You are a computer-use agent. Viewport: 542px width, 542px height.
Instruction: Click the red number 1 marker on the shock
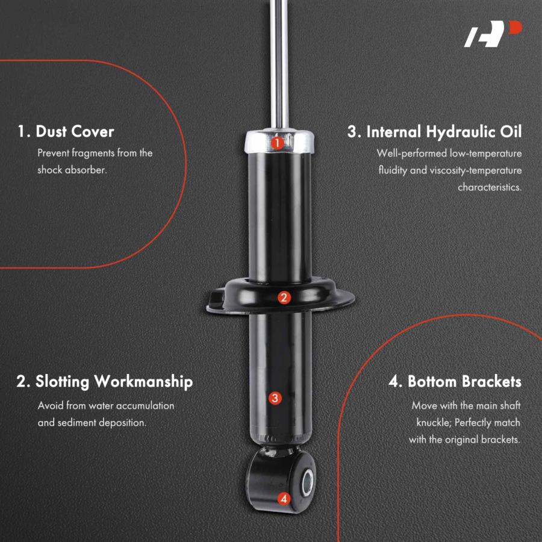tap(277, 143)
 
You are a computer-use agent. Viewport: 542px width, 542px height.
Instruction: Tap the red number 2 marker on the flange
tap(284, 297)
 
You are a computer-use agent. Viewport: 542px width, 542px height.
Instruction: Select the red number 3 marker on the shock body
tap(275, 398)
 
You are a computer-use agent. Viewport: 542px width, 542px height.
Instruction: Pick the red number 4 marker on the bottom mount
tap(284, 499)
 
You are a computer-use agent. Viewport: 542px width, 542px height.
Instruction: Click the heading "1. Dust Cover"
tap(66, 132)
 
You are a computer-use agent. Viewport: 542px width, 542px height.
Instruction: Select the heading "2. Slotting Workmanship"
tap(104, 382)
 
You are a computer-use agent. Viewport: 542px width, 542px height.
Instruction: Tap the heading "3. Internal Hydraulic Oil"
tap(434, 132)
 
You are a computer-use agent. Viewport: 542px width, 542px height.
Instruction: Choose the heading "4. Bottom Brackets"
tap(455, 382)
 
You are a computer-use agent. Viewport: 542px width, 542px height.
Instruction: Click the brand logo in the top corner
tap(493, 34)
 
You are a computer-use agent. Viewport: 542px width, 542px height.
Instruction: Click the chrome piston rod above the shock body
tap(279, 64)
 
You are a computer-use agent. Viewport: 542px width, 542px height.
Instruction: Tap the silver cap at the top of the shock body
tap(279, 141)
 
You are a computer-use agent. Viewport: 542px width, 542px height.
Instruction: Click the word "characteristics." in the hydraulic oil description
tap(490, 187)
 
